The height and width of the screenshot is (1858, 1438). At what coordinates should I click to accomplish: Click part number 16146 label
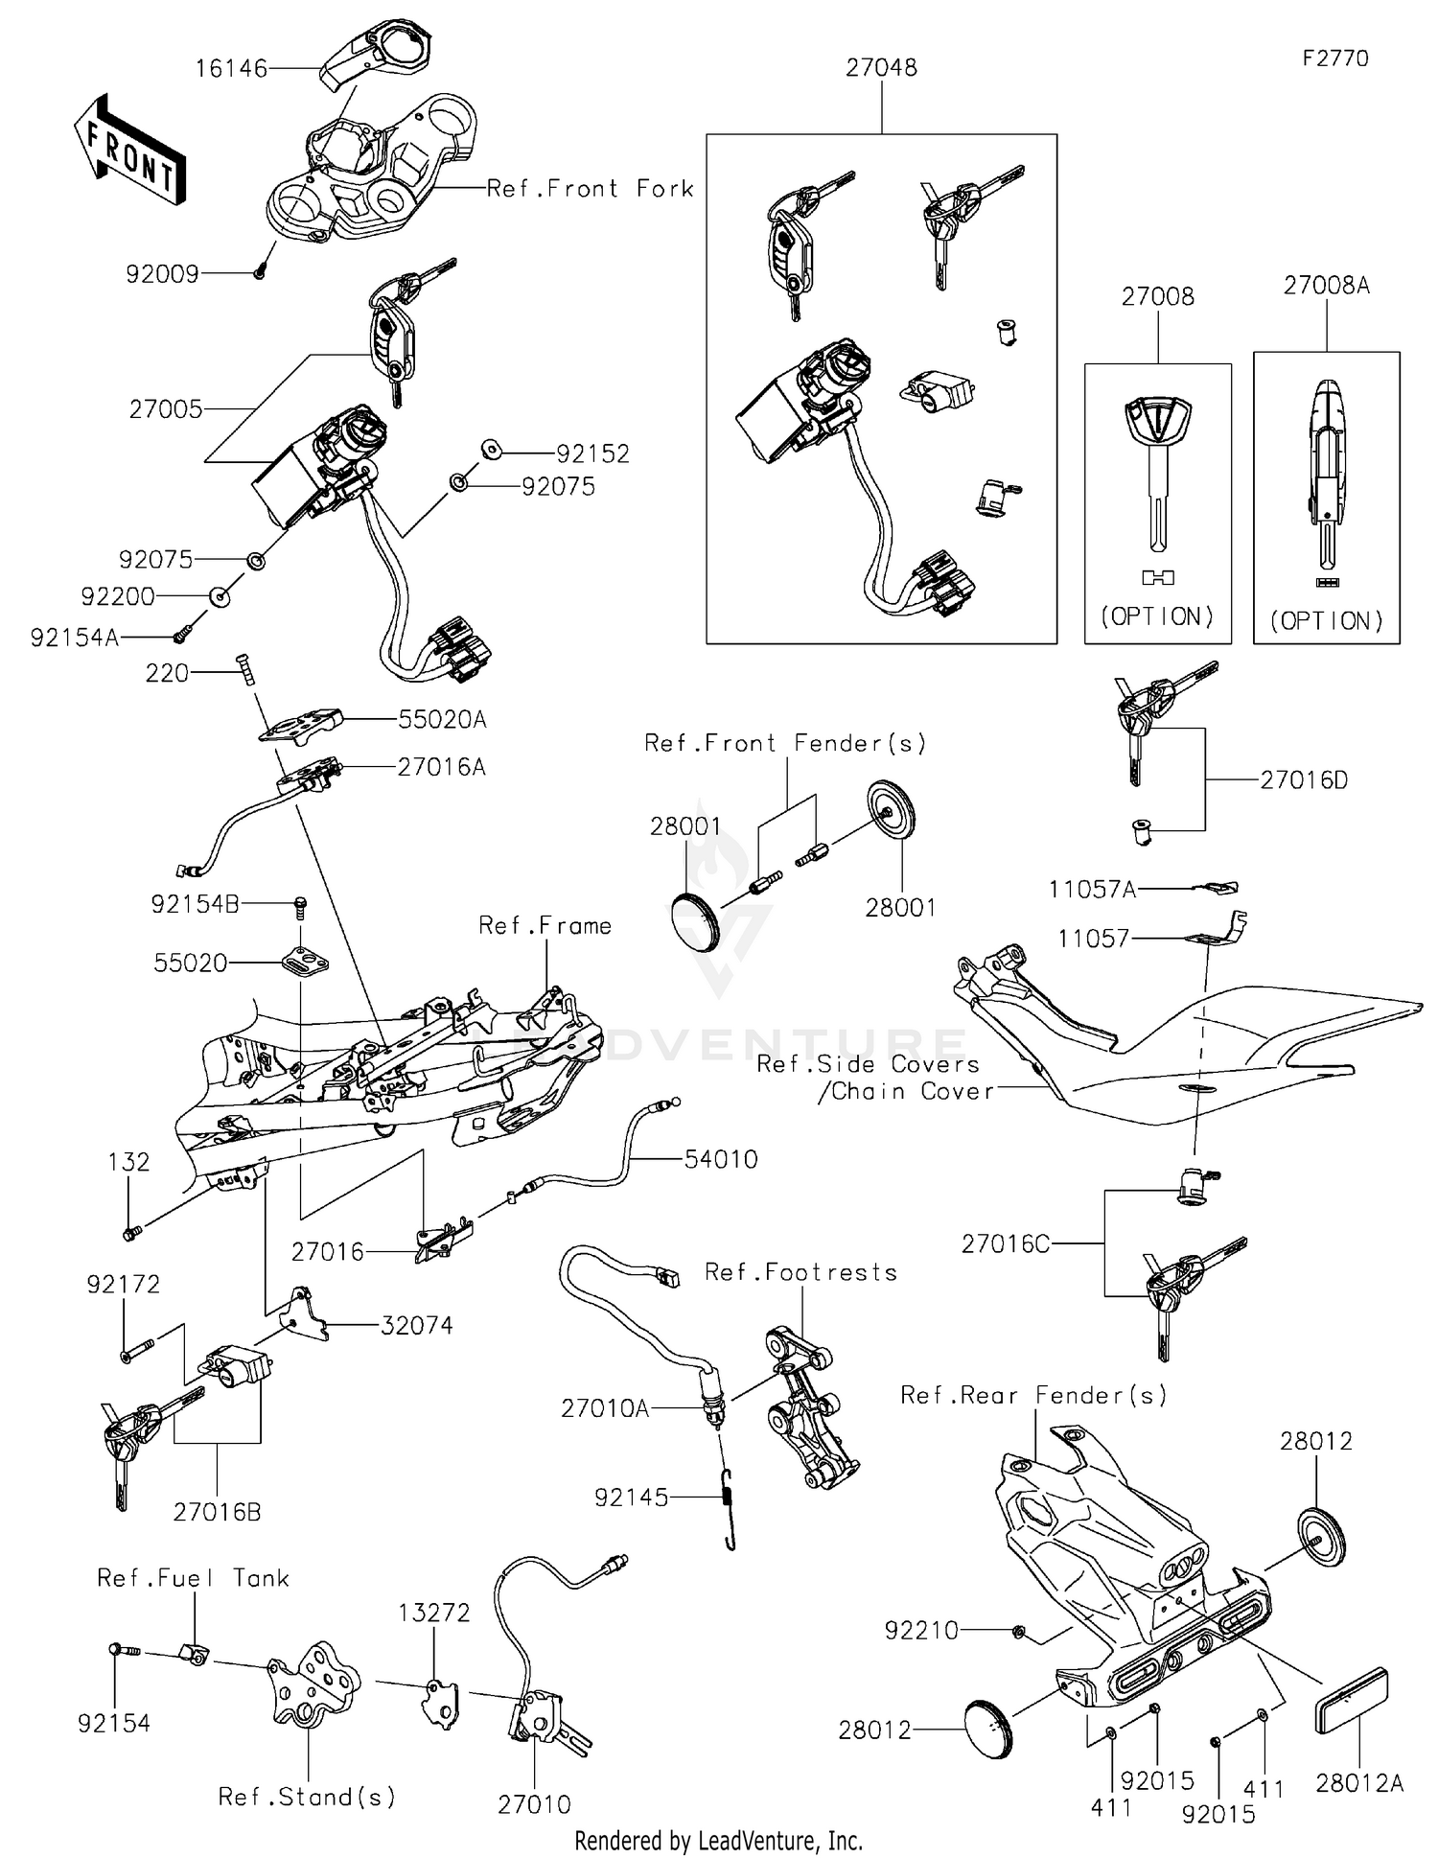pyautogui.click(x=231, y=69)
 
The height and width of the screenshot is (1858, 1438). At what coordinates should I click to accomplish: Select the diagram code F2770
pyautogui.click(x=1335, y=58)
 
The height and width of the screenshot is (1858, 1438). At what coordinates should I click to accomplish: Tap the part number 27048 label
pyautogui.click(x=881, y=68)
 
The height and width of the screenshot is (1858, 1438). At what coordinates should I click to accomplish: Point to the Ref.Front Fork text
pyautogui.click(x=590, y=189)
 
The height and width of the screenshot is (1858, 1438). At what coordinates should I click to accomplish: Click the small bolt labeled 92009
pyautogui.click(x=260, y=272)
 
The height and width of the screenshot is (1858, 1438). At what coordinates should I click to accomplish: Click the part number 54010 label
pyautogui.click(x=721, y=1159)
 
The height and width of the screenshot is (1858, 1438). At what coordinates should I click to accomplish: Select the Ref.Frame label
pyautogui.click(x=545, y=926)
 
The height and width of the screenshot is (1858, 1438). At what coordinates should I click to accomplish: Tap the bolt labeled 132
pyautogui.click(x=130, y=1232)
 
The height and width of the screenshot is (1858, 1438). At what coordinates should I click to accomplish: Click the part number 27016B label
pyautogui.click(x=217, y=1512)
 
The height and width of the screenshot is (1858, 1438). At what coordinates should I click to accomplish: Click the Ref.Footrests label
pyautogui.click(x=800, y=1272)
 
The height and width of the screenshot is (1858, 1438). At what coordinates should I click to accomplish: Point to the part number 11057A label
pyautogui.click(x=1092, y=890)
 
